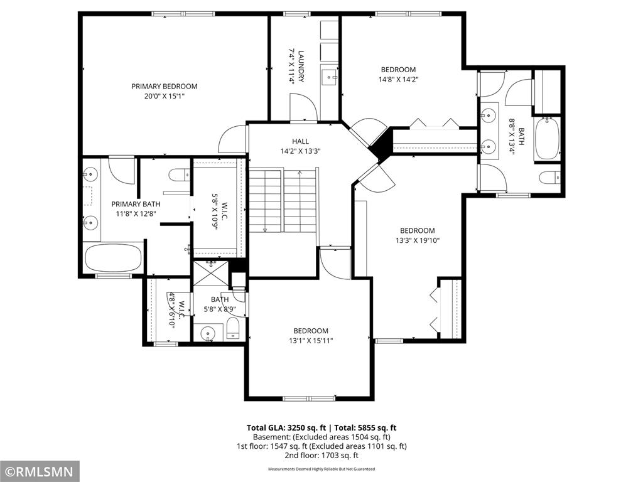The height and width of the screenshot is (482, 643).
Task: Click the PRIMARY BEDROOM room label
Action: (x=164, y=87)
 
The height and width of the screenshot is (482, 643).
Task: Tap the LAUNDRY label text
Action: (x=301, y=67)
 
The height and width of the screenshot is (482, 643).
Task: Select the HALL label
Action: (x=300, y=141)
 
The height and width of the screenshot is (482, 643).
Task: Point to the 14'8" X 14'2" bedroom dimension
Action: (x=398, y=80)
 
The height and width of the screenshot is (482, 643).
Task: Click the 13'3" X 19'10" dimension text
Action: (x=418, y=240)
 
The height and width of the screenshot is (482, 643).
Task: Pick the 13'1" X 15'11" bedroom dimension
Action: (x=311, y=341)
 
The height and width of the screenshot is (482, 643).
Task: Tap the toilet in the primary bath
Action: (x=180, y=174)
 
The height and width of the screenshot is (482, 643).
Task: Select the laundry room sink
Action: (x=329, y=77)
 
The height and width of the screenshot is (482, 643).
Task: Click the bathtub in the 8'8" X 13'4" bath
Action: (x=547, y=139)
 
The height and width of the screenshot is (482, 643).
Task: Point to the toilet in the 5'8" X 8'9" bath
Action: (x=233, y=329)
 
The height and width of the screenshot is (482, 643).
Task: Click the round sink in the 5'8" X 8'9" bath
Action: (x=208, y=333)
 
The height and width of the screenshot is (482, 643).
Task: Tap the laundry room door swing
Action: (x=303, y=107)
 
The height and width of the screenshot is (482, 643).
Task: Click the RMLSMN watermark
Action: (x=40, y=471)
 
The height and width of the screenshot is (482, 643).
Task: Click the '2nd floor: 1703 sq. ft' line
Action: (x=321, y=456)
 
